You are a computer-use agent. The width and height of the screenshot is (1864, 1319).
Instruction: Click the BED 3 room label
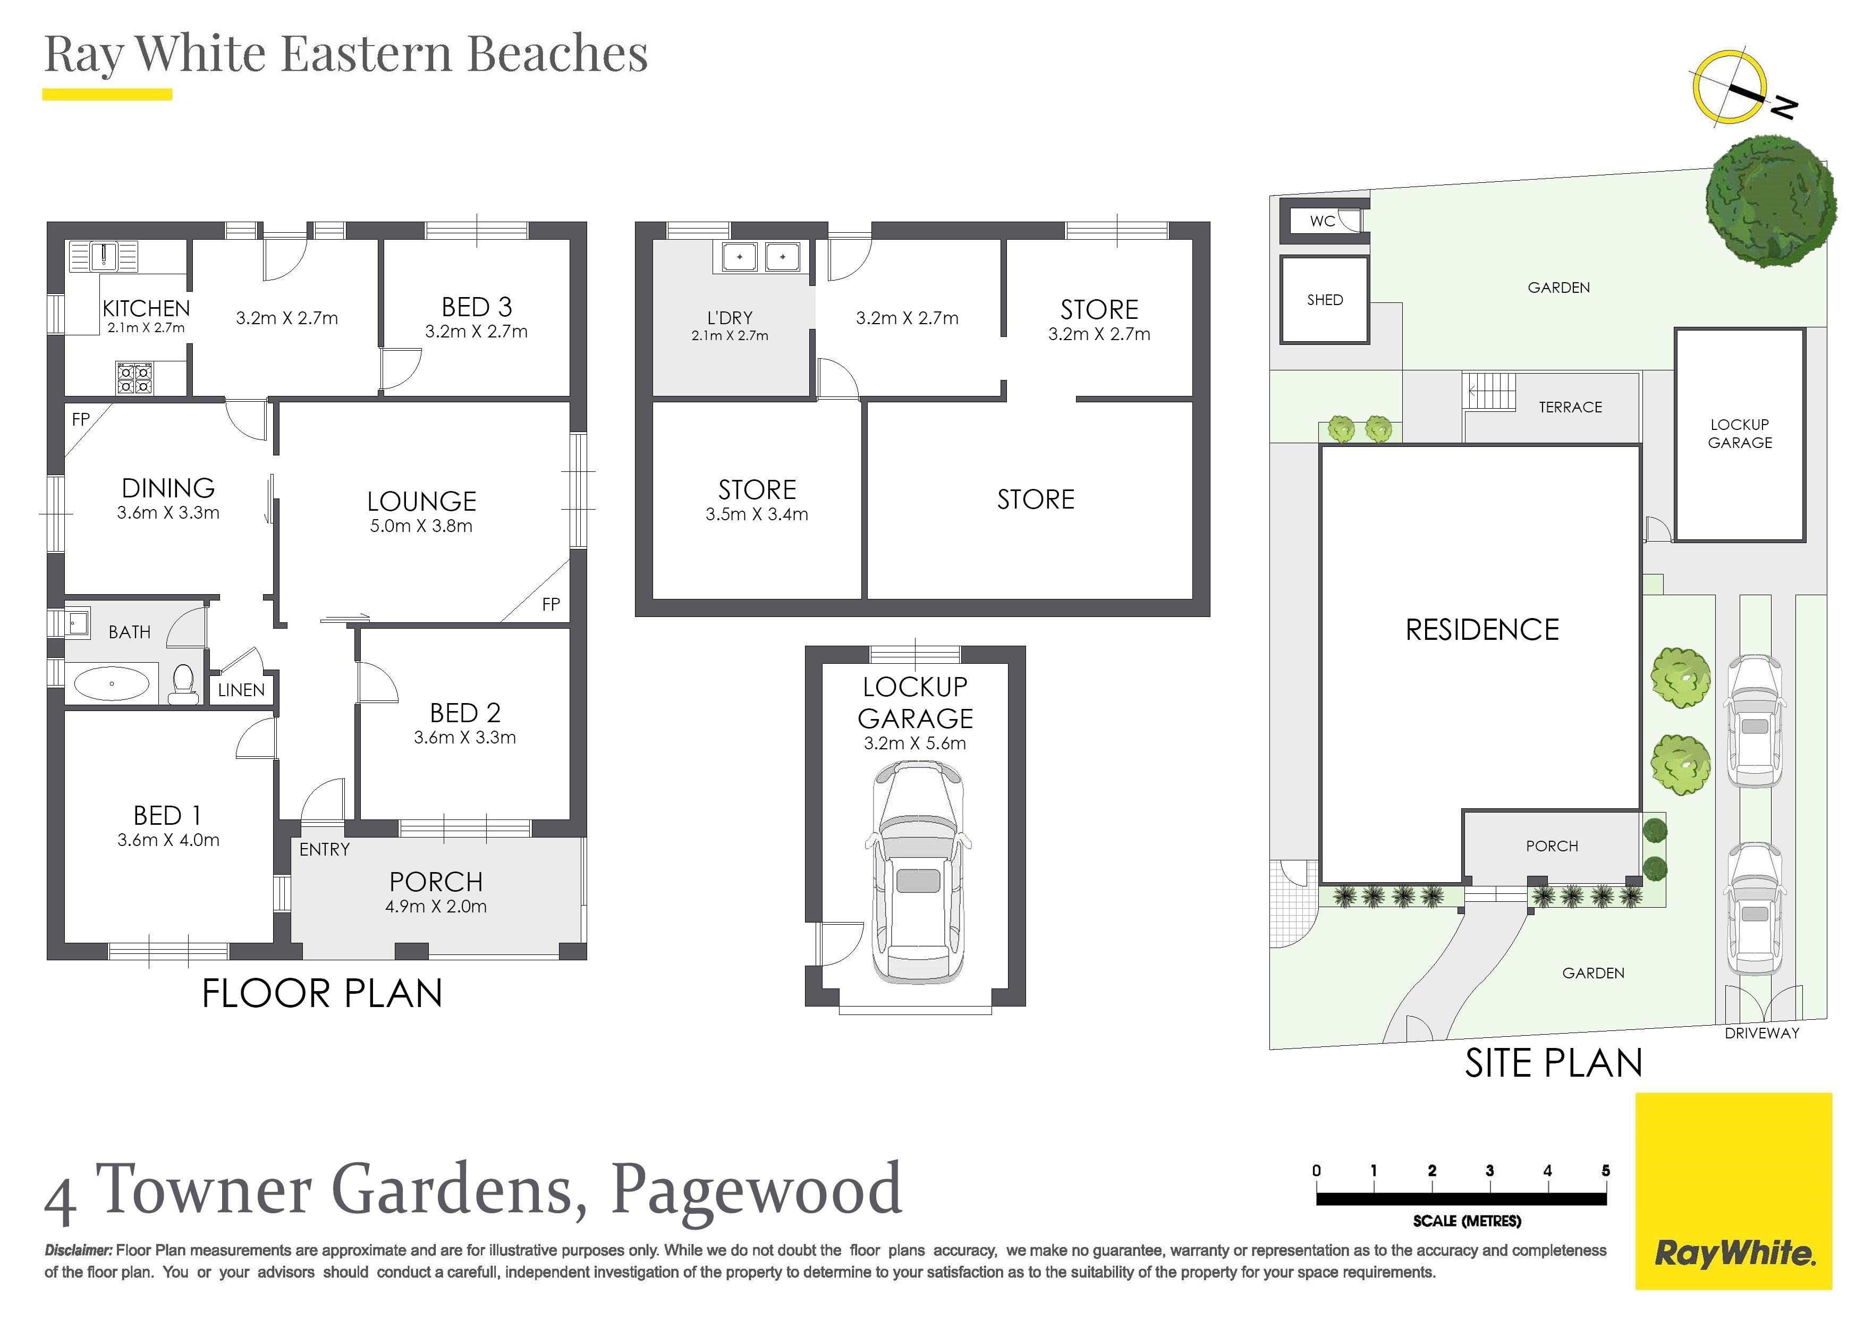[477, 307]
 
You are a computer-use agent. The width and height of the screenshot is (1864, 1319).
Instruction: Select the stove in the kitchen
[134, 378]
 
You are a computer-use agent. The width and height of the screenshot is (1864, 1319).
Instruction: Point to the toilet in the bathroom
[183, 684]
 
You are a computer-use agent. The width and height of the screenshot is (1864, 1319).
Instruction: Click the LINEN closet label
[241, 690]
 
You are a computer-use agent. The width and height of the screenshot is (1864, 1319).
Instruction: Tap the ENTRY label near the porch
[324, 850]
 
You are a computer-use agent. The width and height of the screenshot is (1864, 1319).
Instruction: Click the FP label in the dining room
[80, 419]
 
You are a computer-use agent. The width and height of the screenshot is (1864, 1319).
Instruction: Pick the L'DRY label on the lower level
[730, 318]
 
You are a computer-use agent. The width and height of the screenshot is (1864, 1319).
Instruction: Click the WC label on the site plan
[1323, 221]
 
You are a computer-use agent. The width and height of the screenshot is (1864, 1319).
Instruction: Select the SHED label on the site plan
[1325, 300]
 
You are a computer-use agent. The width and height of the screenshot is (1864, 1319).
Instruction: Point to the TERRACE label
[1570, 407]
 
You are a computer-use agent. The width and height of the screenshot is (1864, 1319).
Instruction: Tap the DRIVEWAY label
[1761, 1033]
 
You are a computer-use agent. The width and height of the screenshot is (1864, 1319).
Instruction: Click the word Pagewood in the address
[756, 1191]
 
